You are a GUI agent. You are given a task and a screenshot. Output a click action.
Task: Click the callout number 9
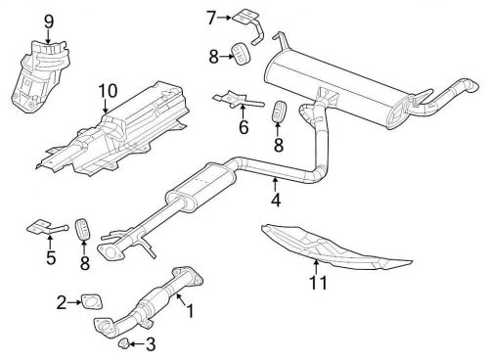[x=48, y=22]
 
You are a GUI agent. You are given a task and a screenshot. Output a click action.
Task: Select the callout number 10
[x=108, y=91]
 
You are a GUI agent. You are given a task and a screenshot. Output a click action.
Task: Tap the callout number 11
[x=318, y=283]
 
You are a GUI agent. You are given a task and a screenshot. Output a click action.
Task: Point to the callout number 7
[x=211, y=18]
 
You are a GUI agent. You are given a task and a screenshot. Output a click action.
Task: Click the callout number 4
[x=276, y=200]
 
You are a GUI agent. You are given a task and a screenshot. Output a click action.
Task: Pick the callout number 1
[x=190, y=310]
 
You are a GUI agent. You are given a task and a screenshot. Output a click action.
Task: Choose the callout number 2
[x=62, y=302]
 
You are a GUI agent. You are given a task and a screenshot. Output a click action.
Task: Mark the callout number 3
[x=151, y=344]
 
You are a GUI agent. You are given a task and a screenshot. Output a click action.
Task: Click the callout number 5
[x=51, y=257]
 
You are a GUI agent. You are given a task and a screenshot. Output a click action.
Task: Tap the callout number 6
[x=244, y=127]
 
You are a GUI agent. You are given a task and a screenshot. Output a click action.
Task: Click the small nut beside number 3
[x=123, y=343]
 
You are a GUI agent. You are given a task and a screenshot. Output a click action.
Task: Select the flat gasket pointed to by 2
[x=92, y=301]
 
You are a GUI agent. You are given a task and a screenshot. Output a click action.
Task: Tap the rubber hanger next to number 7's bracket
[x=241, y=54]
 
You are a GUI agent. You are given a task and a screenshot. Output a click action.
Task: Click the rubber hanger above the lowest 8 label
[x=84, y=228]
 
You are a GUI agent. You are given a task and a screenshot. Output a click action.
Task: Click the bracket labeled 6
[x=238, y=100]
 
